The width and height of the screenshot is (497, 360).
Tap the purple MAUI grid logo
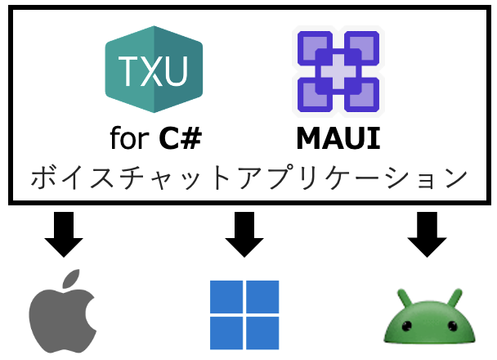(338, 73)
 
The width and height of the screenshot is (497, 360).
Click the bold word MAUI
(338, 138)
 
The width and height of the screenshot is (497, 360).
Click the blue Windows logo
(244, 314)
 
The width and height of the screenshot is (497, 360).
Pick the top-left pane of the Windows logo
(226, 297)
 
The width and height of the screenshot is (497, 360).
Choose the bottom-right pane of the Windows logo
(262, 332)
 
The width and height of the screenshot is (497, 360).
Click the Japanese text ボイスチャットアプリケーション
(248, 178)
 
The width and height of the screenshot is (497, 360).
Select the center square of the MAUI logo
(338, 73)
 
